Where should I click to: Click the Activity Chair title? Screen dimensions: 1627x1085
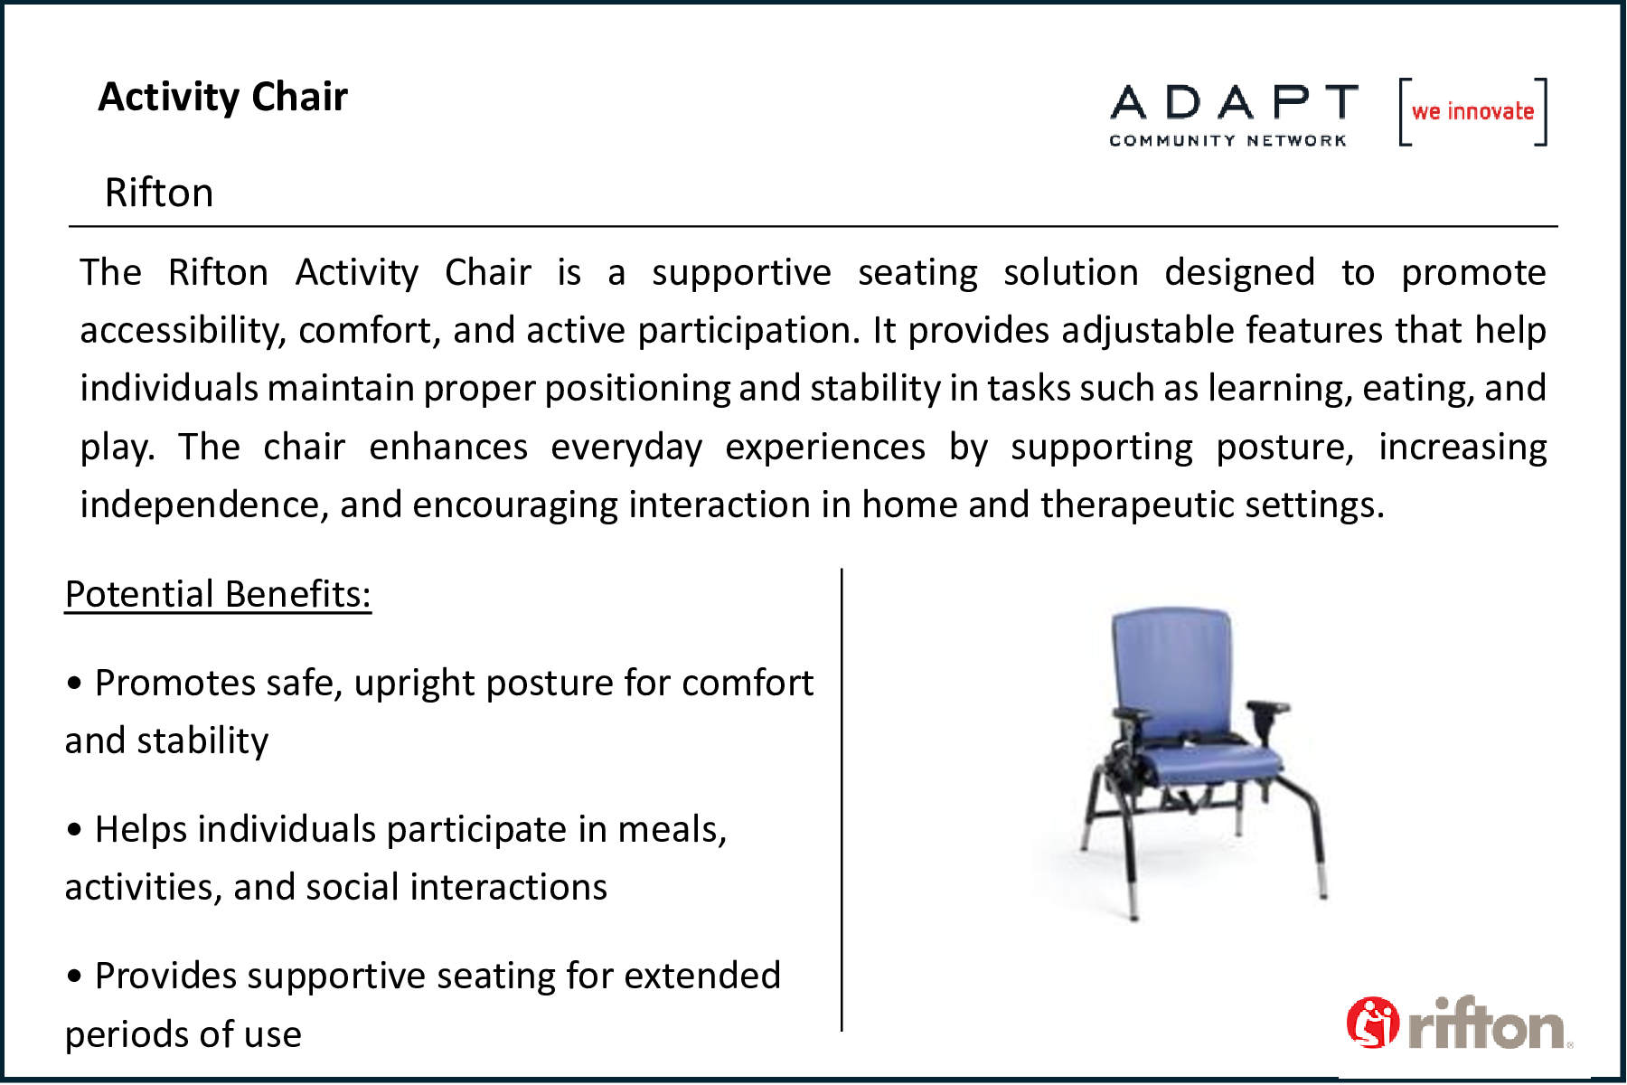pyautogui.click(x=222, y=97)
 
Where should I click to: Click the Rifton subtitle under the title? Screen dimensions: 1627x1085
pyautogui.click(x=159, y=193)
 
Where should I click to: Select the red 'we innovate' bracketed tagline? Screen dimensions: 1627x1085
pyautogui.click(x=1472, y=111)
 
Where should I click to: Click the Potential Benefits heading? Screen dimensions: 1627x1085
pyautogui.click(x=218, y=594)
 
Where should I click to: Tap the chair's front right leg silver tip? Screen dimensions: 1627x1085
pyautogui.click(x=1322, y=882)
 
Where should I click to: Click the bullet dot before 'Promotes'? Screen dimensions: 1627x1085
pyautogui.click(x=74, y=684)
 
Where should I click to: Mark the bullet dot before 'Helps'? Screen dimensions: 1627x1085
pyautogui.click(x=74, y=830)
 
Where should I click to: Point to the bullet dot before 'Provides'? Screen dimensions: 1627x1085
pyautogui.click(x=74, y=976)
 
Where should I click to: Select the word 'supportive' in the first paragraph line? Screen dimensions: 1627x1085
pyautogui.click(x=741, y=273)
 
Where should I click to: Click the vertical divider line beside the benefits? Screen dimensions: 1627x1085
pyautogui.click(x=842, y=800)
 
